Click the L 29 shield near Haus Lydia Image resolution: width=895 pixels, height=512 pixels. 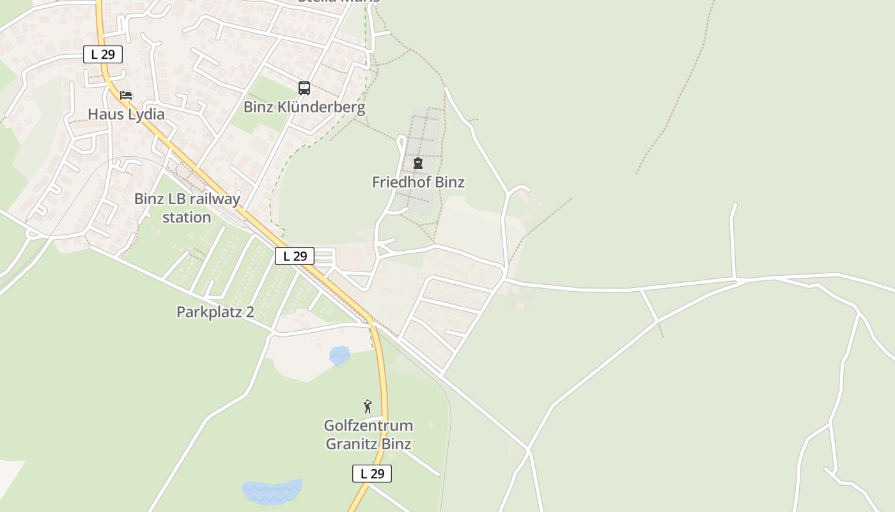pyautogui.click(x=102, y=54)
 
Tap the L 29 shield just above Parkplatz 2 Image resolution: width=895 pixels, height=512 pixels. pyautogui.click(x=295, y=256)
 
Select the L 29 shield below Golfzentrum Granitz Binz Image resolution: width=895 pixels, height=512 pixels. pyautogui.click(x=371, y=474)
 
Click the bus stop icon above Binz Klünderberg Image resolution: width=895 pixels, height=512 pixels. pyautogui.click(x=304, y=88)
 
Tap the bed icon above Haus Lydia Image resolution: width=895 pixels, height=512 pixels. pyautogui.click(x=126, y=95)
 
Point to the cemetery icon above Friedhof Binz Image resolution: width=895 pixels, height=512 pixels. pyautogui.click(x=418, y=163)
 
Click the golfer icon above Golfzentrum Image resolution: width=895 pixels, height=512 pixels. pyautogui.click(x=368, y=406)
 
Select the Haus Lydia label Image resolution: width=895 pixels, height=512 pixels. pyautogui.click(x=126, y=115)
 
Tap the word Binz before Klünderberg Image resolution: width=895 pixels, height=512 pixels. pyautogui.click(x=256, y=107)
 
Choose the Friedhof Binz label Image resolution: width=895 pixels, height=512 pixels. pyautogui.click(x=418, y=182)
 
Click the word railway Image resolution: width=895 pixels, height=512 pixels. pyautogui.click(x=215, y=199)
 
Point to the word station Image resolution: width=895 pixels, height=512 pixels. pyautogui.click(x=186, y=218)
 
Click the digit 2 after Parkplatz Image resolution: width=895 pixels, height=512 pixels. pyautogui.click(x=250, y=312)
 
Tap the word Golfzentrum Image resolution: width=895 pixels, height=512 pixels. pyautogui.click(x=368, y=426)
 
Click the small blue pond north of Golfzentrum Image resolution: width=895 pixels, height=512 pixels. pyautogui.click(x=340, y=355)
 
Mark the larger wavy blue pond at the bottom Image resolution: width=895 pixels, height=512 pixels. pyautogui.click(x=272, y=492)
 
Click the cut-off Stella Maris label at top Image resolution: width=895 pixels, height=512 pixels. pyautogui.click(x=339, y=2)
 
